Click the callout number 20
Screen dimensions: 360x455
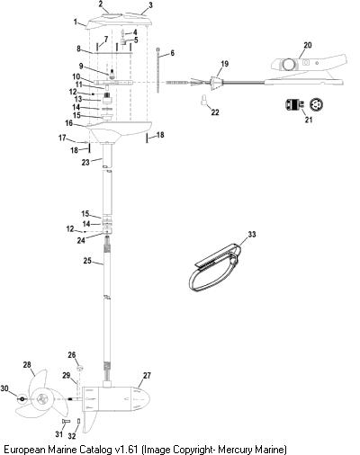(x=308, y=45)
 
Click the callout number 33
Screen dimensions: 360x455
(x=252, y=234)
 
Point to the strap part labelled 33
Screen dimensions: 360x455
(x=215, y=268)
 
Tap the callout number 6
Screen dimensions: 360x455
(x=172, y=53)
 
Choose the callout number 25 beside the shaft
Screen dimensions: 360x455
(x=87, y=261)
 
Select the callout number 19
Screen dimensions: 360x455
(x=224, y=64)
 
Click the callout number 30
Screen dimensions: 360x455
(x=4, y=388)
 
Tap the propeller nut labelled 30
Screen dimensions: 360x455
(x=22, y=399)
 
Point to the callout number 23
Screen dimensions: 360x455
(x=85, y=162)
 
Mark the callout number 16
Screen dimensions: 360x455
(x=69, y=123)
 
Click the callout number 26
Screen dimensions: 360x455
(x=72, y=355)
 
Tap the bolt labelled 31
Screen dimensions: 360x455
(x=66, y=421)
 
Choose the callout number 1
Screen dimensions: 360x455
(x=76, y=22)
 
